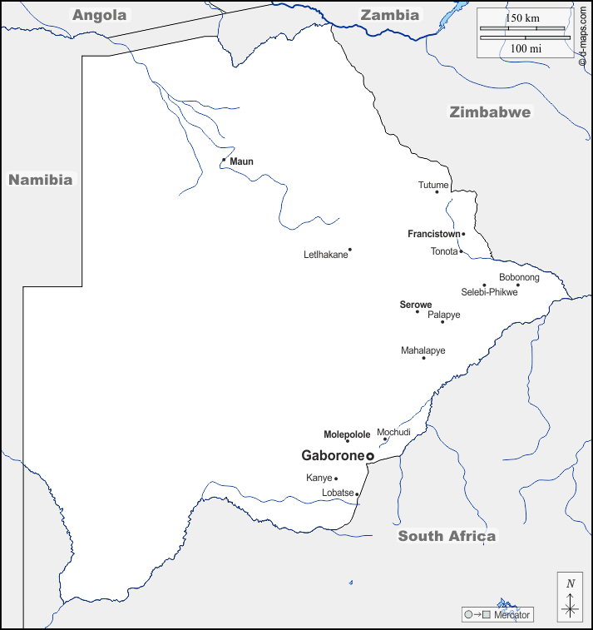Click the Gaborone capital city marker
click(x=370, y=456)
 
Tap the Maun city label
click(x=241, y=161)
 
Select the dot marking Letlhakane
click(x=350, y=249)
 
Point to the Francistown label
click(x=434, y=235)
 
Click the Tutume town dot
click(x=437, y=192)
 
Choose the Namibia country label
click(x=41, y=179)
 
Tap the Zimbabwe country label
click(x=490, y=112)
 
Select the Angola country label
click(x=100, y=15)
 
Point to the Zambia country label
click(x=389, y=15)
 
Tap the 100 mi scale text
click(x=525, y=48)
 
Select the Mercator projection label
click(x=511, y=615)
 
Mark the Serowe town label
click(x=415, y=305)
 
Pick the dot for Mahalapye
click(x=423, y=358)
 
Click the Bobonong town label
click(x=519, y=277)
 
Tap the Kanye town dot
click(x=336, y=479)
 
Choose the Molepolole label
click(x=347, y=434)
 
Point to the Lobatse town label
click(x=338, y=494)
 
